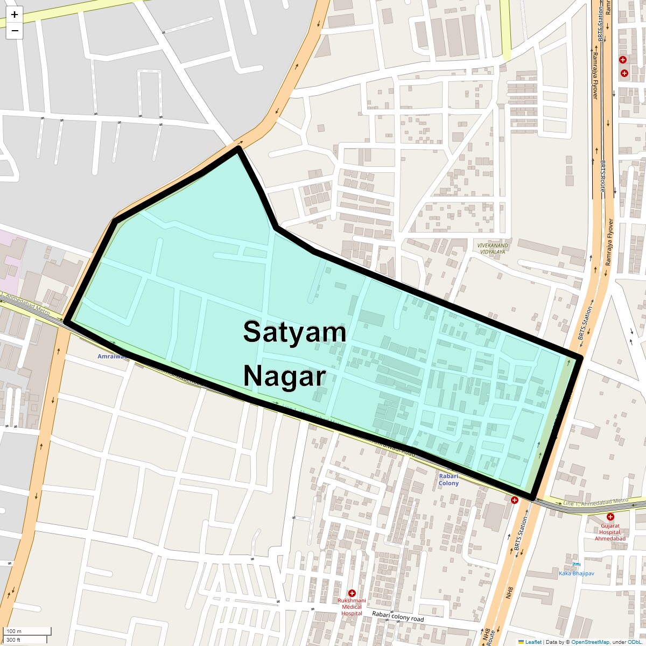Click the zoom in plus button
click(x=15, y=15)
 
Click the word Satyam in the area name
click(x=294, y=332)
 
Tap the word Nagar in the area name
click(x=285, y=376)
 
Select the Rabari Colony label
click(x=448, y=480)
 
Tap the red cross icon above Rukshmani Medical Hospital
click(x=352, y=593)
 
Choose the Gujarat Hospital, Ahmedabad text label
click(x=610, y=532)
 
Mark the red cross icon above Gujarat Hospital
click(x=610, y=517)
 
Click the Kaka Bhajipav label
click(x=576, y=573)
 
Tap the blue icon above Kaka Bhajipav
click(x=577, y=564)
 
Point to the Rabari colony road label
click(x=398, y=617)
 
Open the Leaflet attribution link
click(x=533, y=642)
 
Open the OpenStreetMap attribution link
click(x=590, y=642)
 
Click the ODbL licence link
click(x=636, y=642)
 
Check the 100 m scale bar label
click(x=15, y=631)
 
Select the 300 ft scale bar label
click(x=14, y=640)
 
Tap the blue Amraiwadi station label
click(x=111, y=356)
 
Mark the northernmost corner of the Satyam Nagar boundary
click(x=238, y=149)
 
